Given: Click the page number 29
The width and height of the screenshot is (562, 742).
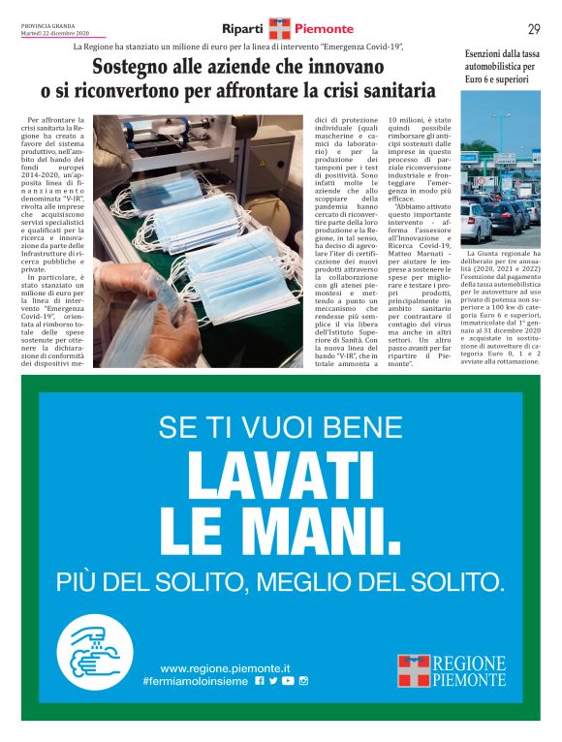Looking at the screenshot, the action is coord(534,28).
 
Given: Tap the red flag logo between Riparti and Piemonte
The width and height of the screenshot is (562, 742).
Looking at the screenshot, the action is coord(279,28).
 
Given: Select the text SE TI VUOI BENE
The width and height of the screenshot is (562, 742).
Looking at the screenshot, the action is coord(281,426).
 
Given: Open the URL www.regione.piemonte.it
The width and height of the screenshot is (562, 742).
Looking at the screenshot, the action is coord(225,667).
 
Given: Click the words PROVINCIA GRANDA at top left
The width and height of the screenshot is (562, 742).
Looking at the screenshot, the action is coord(47,26).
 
